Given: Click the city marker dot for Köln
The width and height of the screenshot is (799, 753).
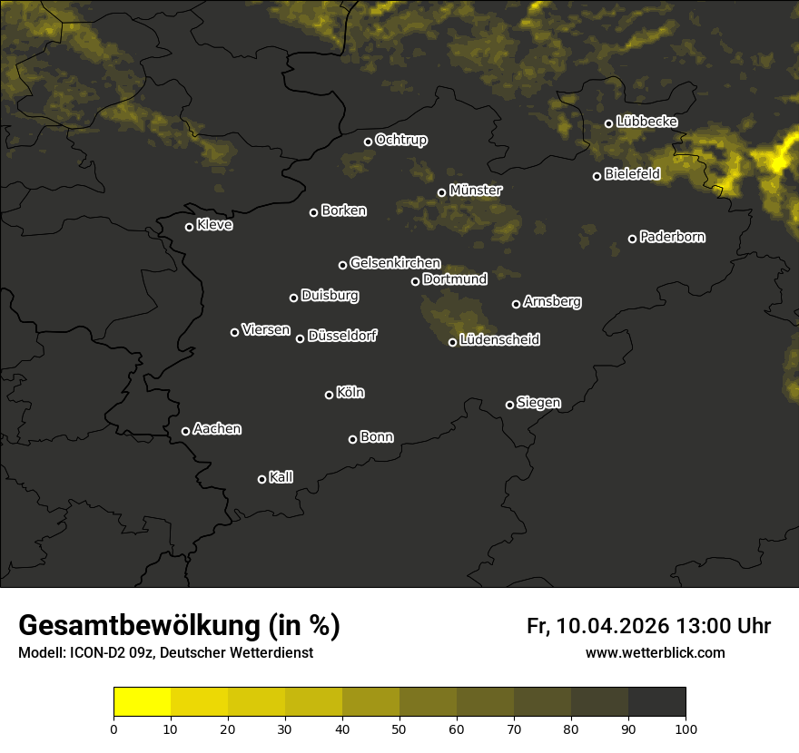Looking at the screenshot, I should (329, 395).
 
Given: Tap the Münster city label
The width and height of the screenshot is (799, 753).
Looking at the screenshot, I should (475, 191).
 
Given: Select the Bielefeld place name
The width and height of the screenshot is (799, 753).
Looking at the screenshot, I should (632, 173).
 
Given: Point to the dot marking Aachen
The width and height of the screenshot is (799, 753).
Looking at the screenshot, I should (185, 431).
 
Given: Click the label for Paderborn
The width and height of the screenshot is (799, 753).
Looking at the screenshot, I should (672, 237).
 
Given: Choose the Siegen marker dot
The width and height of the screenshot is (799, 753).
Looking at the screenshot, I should (509, 405).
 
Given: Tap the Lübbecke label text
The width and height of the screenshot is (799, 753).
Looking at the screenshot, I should (646, 122).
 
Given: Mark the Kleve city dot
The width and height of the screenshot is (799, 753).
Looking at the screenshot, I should (189, 227).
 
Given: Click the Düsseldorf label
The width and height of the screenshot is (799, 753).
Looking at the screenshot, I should (342, 336).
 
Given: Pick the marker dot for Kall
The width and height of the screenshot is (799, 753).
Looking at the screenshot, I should (261, 479).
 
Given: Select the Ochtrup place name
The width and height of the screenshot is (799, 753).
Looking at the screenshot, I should (400, 140).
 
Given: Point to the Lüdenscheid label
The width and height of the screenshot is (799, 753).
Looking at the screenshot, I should (499, 340).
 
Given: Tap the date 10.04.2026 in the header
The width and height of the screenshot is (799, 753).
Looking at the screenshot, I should (613, 626).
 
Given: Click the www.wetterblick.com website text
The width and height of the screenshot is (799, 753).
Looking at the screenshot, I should (655, 652).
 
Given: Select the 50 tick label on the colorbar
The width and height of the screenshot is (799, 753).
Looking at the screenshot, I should (399, 728).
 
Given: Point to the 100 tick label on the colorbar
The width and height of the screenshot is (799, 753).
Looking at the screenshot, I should (686, 728).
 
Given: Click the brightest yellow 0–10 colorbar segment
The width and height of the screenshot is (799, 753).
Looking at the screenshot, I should (143, 702).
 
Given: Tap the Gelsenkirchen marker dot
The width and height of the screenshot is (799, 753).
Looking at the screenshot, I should (342, 265).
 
